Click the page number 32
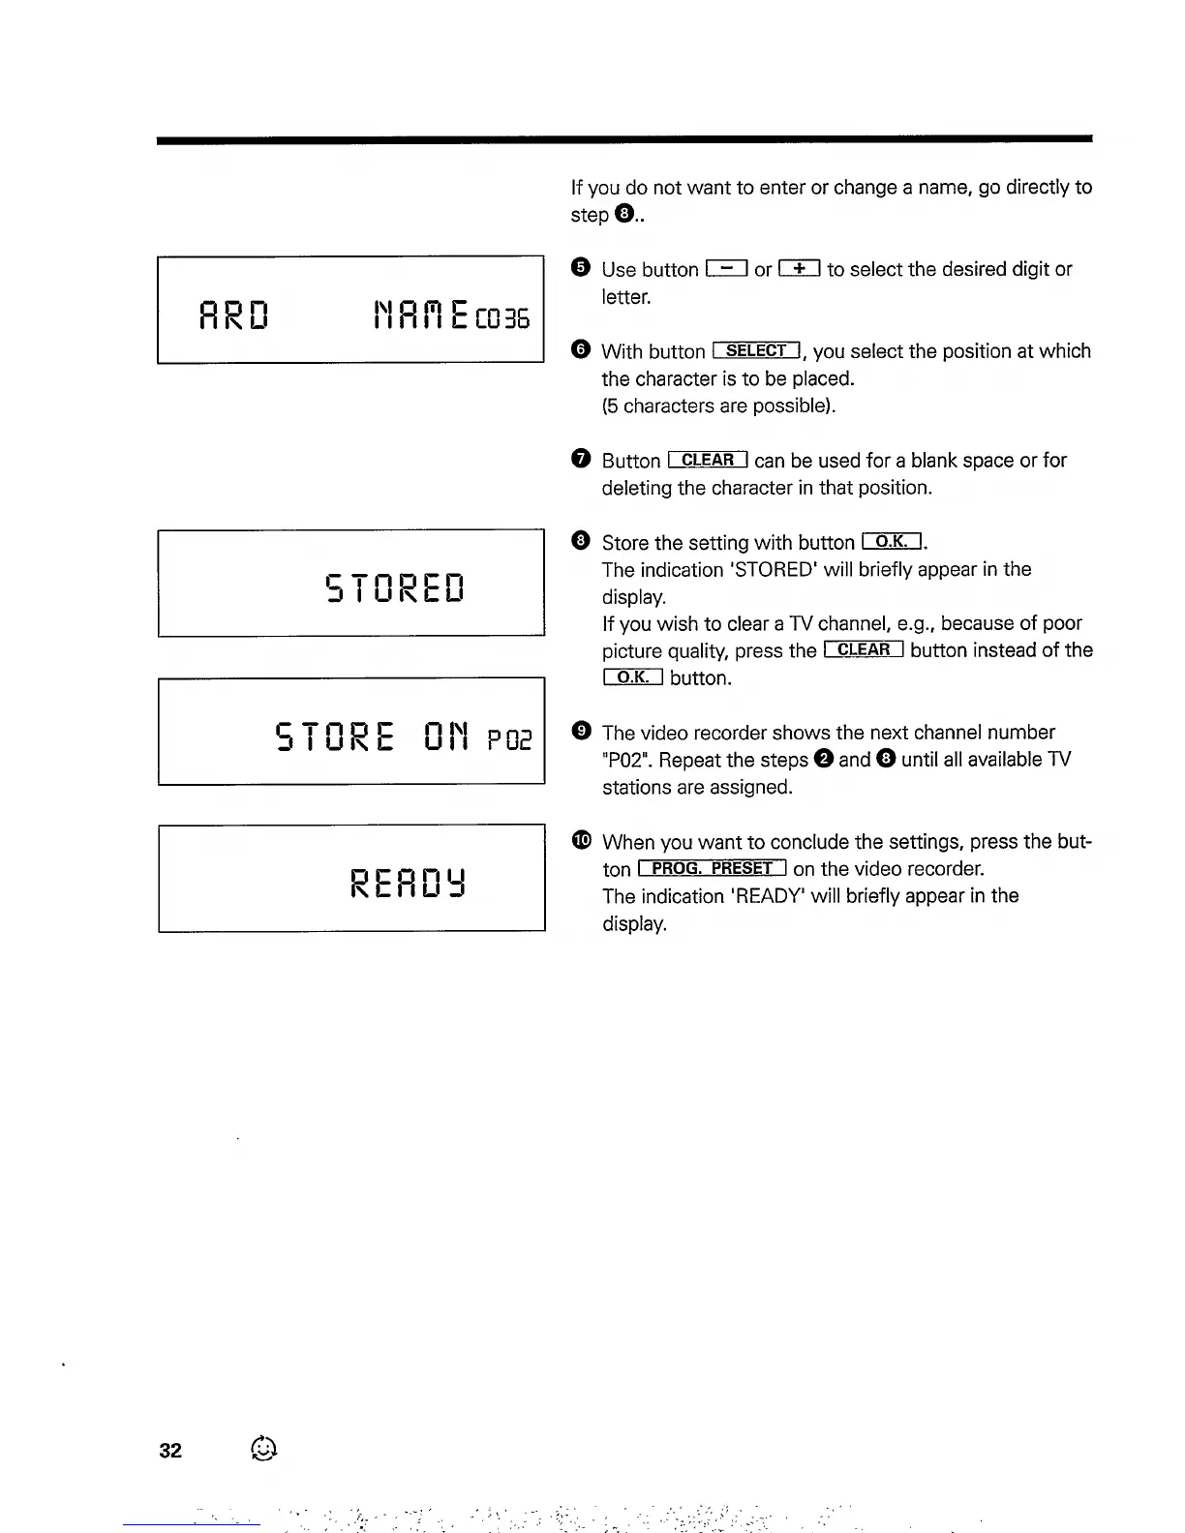(170, 1450)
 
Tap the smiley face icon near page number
(263, 1449)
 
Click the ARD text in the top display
(233, 315)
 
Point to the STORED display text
(395, 586)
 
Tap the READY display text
(409, 882)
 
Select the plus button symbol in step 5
(800, 269)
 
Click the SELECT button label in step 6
(756, 350)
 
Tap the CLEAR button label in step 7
(708, 460)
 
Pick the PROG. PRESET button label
(712, 868)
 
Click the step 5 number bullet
(580, 268)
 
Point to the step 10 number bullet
(581, 841)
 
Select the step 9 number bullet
(581, 732)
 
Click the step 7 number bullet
(580, 459)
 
